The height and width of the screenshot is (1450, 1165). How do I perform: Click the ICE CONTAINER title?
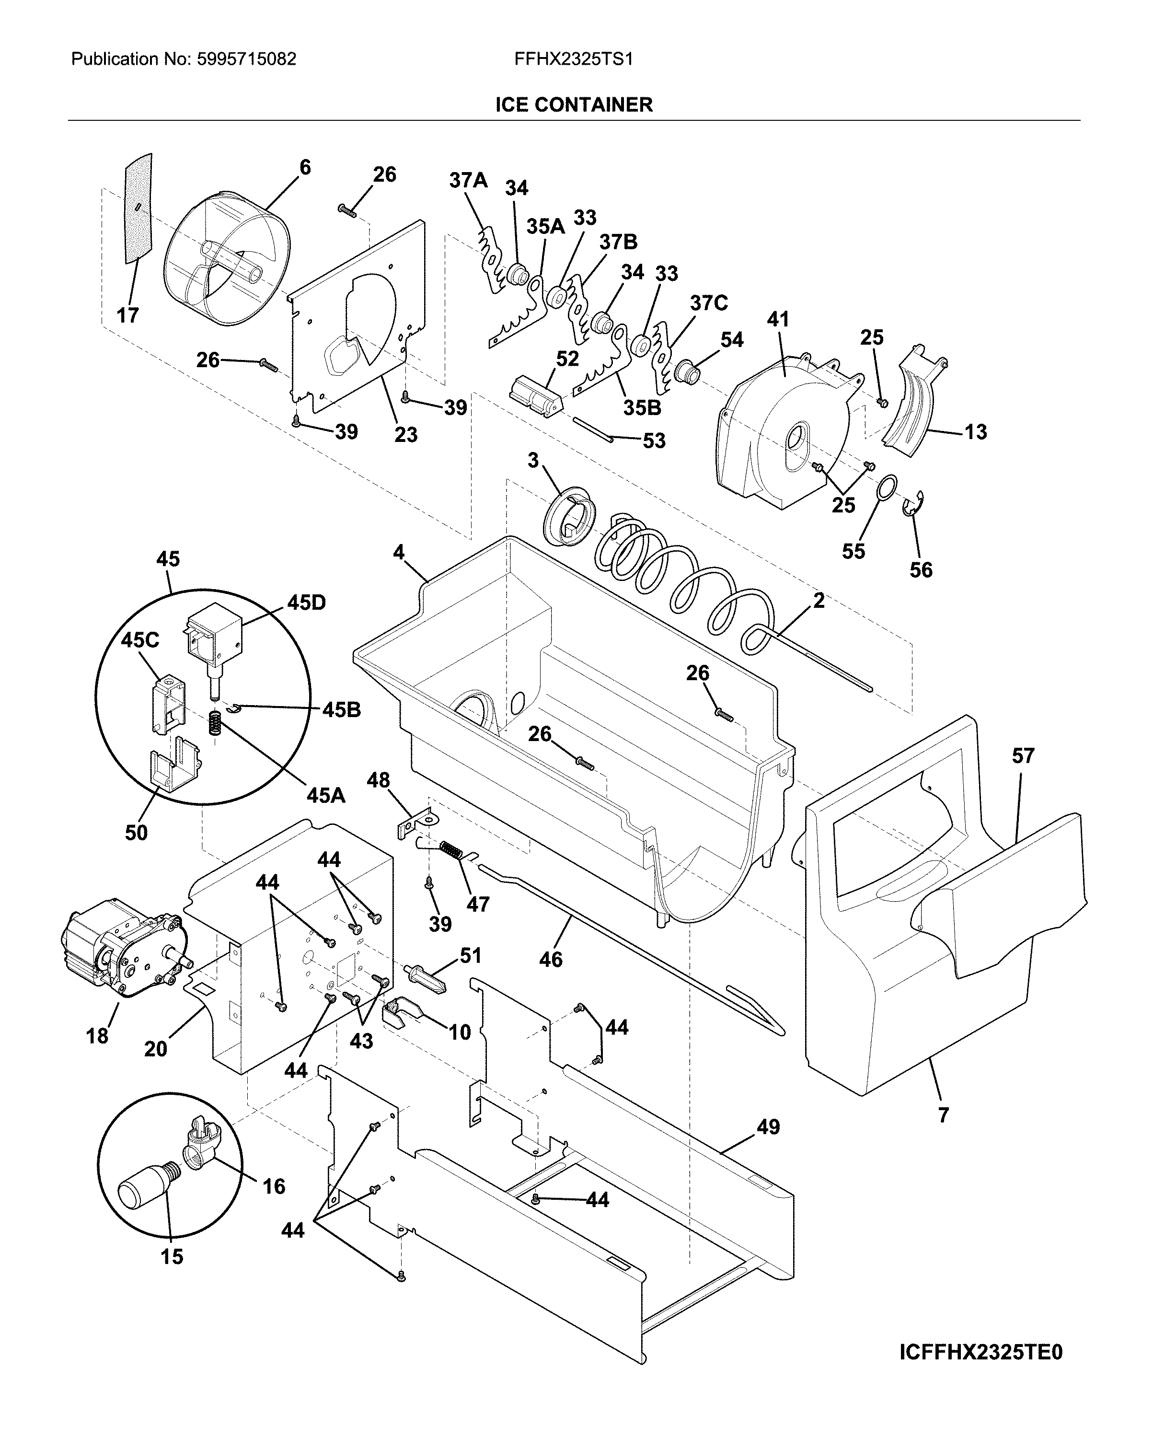click(x=574, y=105)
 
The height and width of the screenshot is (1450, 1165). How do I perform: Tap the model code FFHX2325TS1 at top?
click(x=574, y=59)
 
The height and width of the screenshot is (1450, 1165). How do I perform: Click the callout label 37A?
click(x=469, y=180)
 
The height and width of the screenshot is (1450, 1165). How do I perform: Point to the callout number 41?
click(x=778, y=319)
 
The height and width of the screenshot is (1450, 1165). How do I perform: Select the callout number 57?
click(x=1023, y=756)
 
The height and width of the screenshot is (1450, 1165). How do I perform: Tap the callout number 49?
click(x=768, y=1126)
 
